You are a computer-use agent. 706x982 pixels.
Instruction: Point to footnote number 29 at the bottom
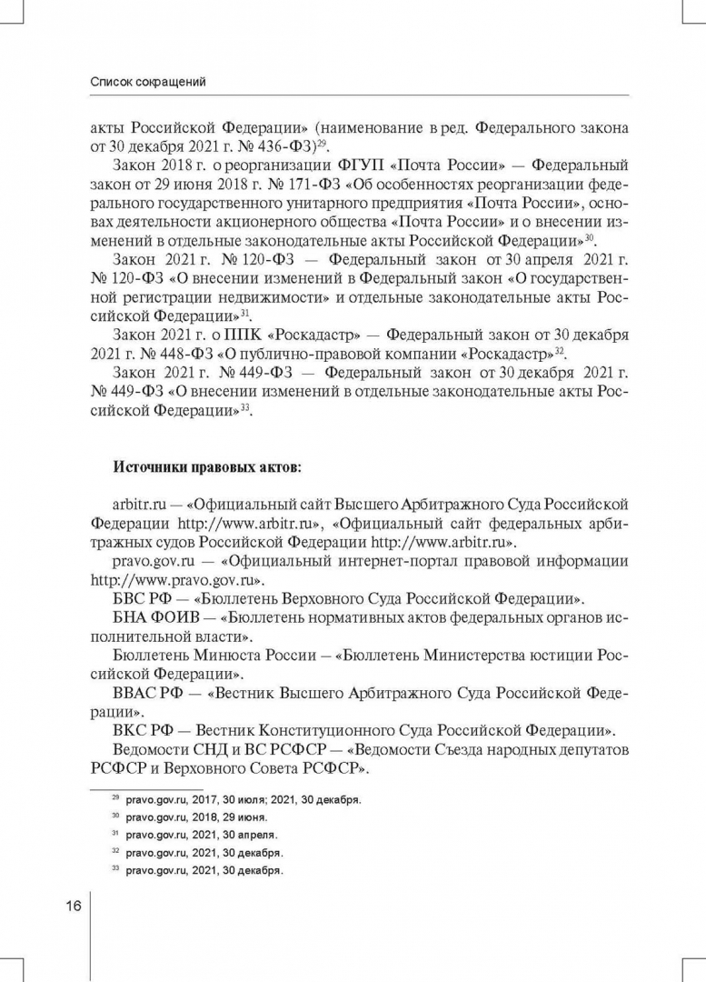(115, 797)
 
